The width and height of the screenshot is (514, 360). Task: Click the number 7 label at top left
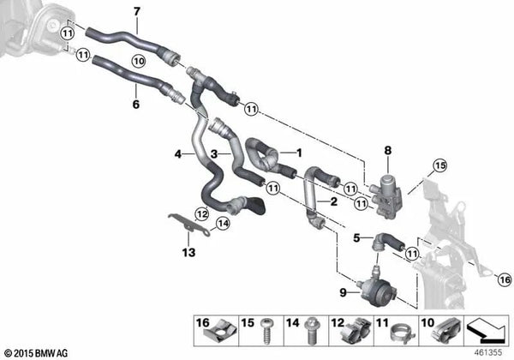tap(135, 11)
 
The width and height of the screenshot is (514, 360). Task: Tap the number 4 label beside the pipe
tap(177, 154)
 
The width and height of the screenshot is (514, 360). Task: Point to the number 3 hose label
tap(216, 154)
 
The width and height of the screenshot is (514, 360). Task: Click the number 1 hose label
tap(298, 152)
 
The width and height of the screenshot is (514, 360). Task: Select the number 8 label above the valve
tap(387, 151)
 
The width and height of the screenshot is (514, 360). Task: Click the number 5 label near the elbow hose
tap(356, 239)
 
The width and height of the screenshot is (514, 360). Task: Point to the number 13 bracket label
tap(188, 253)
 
